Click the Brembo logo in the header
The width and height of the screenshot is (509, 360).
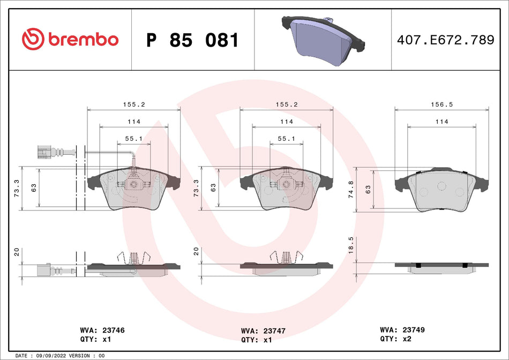(70, 39)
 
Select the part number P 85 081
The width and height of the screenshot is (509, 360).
(192, 40)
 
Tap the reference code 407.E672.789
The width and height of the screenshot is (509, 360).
(445, 40)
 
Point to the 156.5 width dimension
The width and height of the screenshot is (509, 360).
(442, 105)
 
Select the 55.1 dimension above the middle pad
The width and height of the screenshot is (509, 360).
(286, 138)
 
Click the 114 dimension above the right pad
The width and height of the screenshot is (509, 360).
(441, 122)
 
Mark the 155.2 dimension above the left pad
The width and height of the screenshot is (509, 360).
(133, 105)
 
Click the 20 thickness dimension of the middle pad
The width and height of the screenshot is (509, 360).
(196, 251)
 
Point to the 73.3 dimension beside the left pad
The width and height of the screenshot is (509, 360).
(17, 187)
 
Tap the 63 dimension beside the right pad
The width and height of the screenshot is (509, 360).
(368, 189)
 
